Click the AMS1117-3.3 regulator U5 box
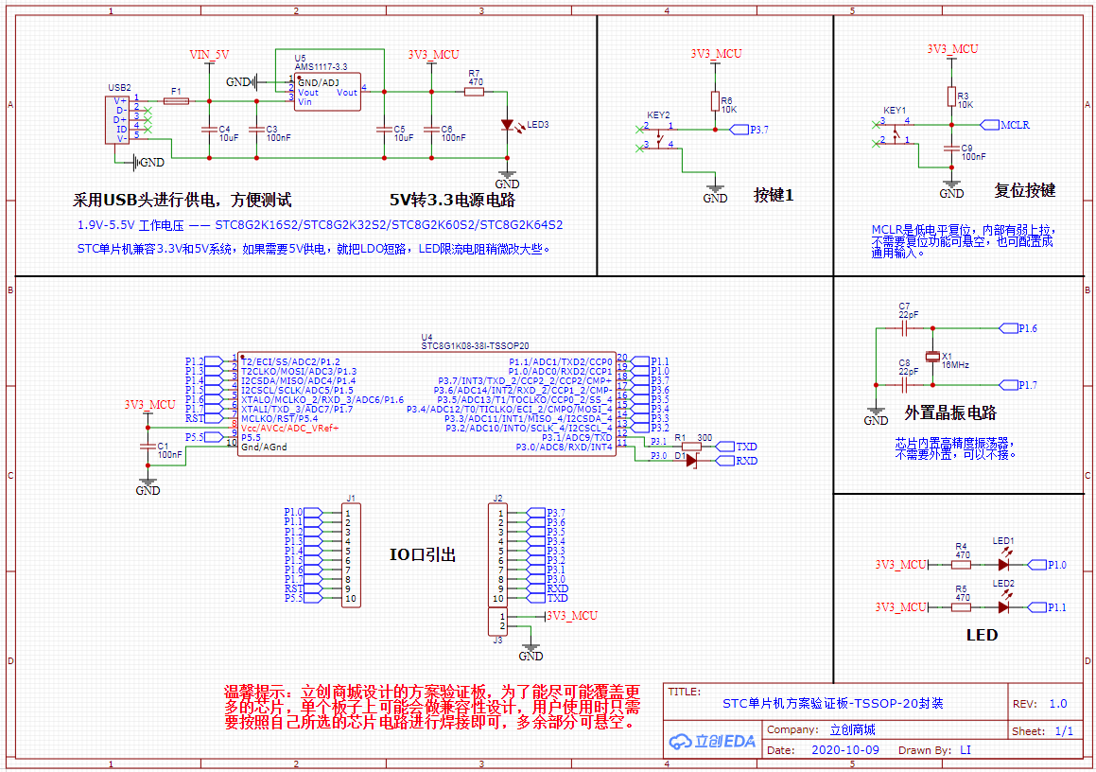[327, 93]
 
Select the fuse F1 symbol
[176, 100]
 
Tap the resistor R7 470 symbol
[475, 92]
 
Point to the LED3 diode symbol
[508, 124]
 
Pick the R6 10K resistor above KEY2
[715, 101]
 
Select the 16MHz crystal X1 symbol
[932, 357]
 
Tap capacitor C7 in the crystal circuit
[905, 328]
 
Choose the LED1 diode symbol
[1003, 564]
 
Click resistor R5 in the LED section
[962, 606]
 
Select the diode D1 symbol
[690, 460]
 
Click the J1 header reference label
[351, 499]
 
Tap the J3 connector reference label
[497, 640]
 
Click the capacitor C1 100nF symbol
[148, 447]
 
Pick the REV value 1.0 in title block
[1057, 704]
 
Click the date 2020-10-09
[845, 750]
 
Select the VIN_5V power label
[209, 55]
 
